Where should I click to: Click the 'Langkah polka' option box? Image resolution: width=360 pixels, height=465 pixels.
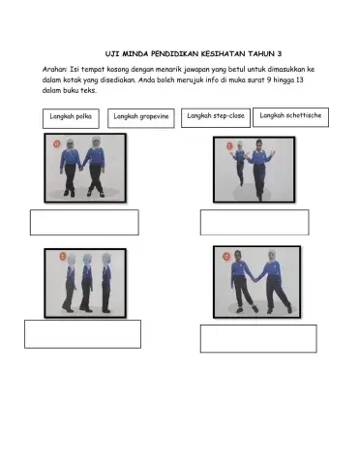(x=71, y=118)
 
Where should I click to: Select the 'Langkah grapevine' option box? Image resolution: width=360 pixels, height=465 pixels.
(x=141, y=118)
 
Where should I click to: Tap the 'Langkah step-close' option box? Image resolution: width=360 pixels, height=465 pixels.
(x=216, y=118)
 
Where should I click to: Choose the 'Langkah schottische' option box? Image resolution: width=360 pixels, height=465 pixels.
(x=290, y=117)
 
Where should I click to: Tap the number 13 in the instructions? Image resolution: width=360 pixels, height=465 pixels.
(x=300, y=79)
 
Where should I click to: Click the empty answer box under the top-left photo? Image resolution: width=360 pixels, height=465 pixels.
(x=84, y=223)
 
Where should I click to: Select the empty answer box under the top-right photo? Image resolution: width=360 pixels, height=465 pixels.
(x=255, y=223)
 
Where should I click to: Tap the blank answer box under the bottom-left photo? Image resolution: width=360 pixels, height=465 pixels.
(x=82, y=334)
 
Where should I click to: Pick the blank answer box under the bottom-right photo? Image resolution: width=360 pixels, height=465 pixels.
(x=258, y=338)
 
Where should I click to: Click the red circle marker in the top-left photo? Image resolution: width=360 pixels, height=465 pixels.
(x=57, y=143)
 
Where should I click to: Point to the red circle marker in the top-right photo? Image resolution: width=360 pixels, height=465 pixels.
(x=229, y=145)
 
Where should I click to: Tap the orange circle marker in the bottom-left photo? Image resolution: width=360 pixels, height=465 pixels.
(x=63, y=257)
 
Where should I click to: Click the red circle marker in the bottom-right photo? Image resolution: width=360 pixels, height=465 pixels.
(x=226, y=257)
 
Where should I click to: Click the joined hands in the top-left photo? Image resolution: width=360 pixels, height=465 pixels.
(x=81, y=168)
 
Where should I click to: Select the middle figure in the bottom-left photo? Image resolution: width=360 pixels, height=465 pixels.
(x=86, y=283)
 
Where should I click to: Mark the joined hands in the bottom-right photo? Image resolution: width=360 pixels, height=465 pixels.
(x=255, y=279)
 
